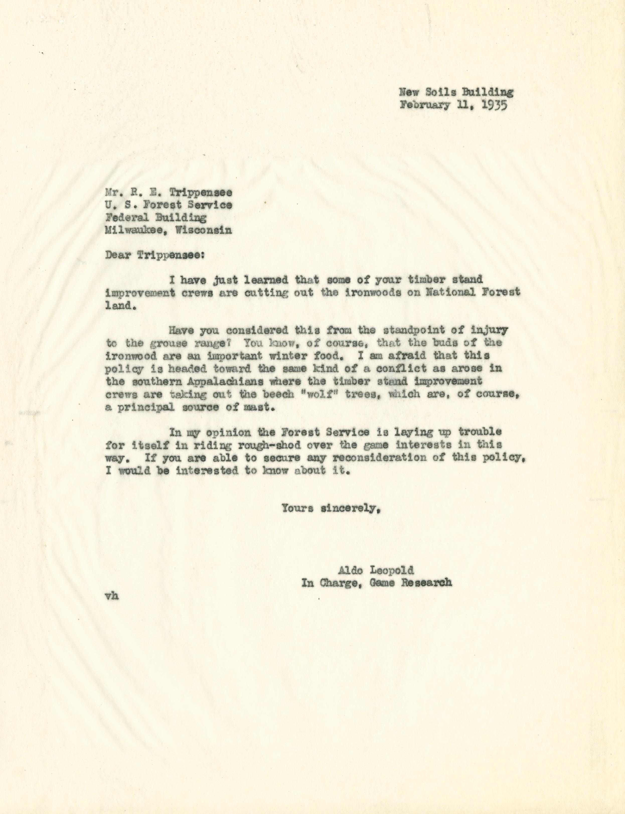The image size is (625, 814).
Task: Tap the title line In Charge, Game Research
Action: pos(376,583)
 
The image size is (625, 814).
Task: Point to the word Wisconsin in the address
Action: pos(204,230)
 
